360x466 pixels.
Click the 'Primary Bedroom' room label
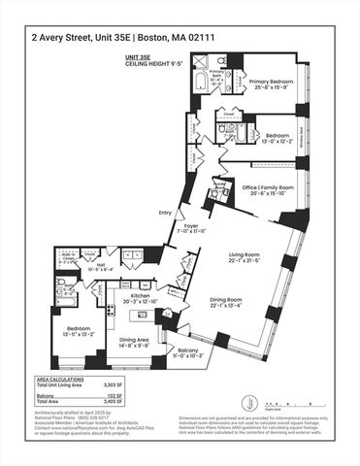click(x=271, y=83)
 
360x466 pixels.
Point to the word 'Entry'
click(x=165, y=214)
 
